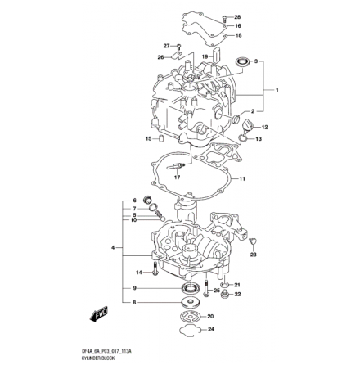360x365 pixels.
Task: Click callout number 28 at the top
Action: (x=238, y=16)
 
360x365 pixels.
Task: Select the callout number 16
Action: (x=238, y=25)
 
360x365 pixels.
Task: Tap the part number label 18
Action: (x=238, y=35)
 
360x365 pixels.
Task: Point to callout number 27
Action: (x=166, y=47)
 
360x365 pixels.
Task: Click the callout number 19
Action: (x=205, y=56)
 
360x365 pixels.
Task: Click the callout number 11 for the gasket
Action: (x=242, y=178)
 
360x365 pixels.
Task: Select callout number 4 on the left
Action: (x=112, y=246)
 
